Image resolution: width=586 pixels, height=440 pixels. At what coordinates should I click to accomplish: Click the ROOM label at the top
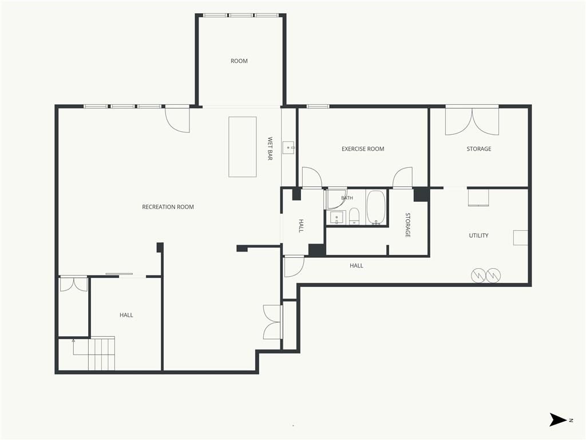coord(239,61)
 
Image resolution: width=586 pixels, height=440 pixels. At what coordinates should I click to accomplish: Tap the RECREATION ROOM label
coord(168,207)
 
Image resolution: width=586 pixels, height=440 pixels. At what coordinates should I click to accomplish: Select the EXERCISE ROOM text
coord(362,149)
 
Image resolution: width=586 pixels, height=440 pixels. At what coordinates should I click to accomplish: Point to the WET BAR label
coord(270,148)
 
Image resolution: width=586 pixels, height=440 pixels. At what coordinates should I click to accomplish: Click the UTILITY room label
coord(478,235)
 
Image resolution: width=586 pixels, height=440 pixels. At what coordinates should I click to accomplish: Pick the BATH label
coord(347,198)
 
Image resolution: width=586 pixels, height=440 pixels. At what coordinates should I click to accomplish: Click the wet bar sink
coord(288,148)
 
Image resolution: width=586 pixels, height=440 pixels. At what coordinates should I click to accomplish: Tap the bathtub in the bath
coord(376,207)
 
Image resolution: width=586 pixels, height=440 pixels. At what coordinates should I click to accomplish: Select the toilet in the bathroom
coord(354,216)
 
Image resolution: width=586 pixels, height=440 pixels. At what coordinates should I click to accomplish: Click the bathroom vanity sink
coord(336,217)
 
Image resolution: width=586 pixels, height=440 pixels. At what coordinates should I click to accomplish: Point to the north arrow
coord(558,420)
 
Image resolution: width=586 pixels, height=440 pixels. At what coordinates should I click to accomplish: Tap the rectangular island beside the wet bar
coord(243,147)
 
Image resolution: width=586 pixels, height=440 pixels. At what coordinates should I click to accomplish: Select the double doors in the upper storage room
coord(472,121)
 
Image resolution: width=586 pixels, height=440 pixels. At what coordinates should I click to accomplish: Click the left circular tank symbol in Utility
coord(478,276)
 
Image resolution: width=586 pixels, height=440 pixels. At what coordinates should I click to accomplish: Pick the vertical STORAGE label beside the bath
coord(407,225)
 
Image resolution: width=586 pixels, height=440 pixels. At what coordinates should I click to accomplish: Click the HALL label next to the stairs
coord(126,315)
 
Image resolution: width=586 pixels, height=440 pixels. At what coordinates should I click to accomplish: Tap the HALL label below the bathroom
coord(356,266)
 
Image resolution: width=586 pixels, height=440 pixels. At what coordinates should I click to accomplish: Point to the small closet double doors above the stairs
coord(74,284)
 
